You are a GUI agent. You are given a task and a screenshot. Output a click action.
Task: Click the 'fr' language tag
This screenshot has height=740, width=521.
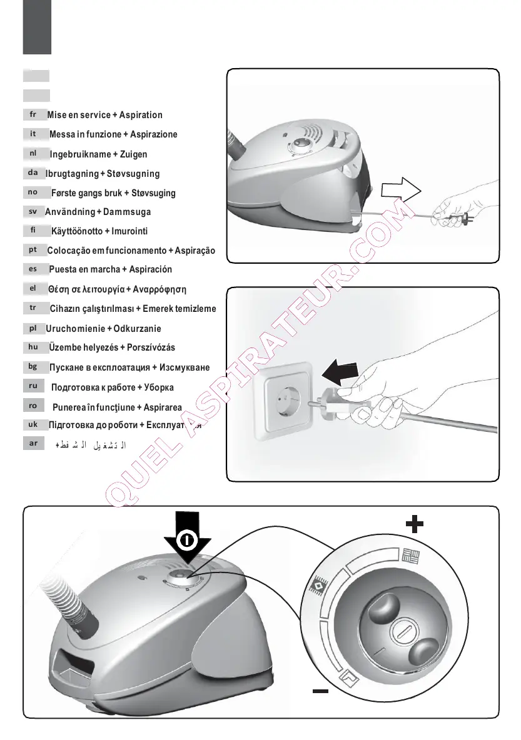[x=33, y=114]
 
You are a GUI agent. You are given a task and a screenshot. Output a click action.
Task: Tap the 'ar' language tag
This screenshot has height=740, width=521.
[x=33, y=443]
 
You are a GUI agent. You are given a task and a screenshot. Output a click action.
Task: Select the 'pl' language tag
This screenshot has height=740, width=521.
[x=33, y=327]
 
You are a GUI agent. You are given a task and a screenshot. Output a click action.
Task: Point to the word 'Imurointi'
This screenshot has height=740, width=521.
[x=126, y=231]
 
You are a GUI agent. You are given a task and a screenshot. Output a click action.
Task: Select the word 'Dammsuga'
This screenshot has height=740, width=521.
[x=128, y=212]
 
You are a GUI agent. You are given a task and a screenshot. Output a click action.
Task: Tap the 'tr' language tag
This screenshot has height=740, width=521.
[x=33, y=307]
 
